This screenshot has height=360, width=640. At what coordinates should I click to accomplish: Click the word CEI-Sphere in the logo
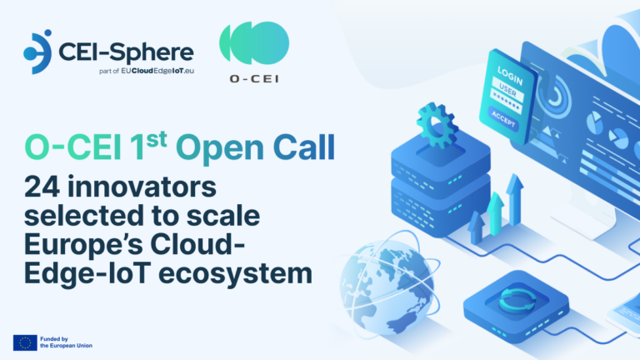point(125,52)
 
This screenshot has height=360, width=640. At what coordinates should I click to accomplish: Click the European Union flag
point(24,342)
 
